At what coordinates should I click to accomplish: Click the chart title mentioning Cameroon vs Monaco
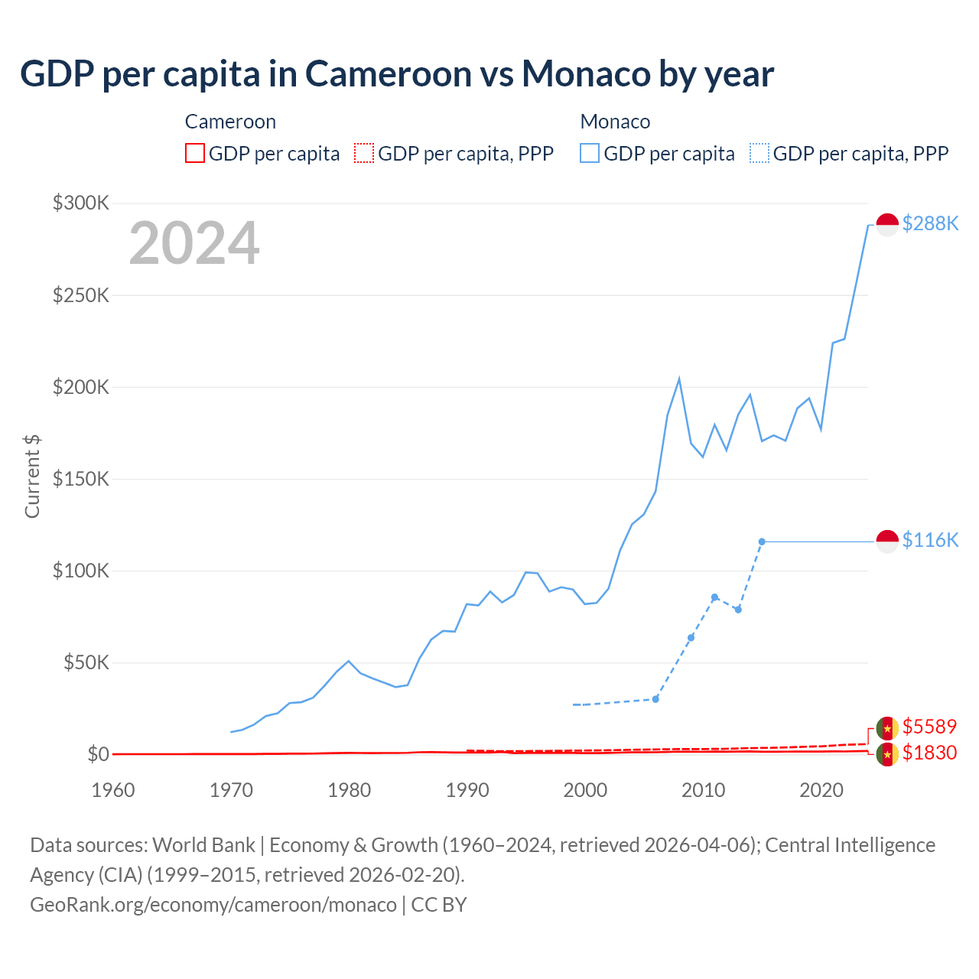[x=397, y=74]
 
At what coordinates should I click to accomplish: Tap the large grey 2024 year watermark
[x=194, y=243]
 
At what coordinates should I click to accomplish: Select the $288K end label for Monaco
[x=930, y=223]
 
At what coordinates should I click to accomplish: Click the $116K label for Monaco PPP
[x=930, y=540]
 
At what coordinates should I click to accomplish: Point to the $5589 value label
[x=929, y=726]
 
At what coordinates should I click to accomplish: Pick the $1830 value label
[x=929, y=753]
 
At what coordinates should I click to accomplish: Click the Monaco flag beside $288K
[x=887, y=224]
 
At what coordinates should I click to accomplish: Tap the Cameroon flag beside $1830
[x=887, y=755]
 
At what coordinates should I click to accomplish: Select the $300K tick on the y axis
[x=81, y=203]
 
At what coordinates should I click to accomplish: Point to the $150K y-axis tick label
[x=81, y=479]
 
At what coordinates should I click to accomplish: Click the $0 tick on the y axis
[x=98, y=754]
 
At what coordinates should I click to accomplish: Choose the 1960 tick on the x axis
[x=113, y=790]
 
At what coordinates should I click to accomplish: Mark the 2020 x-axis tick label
[x=821, y=790]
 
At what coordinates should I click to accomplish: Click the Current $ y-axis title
[x=32, y=476]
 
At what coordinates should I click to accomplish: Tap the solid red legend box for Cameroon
[x=195, y=153]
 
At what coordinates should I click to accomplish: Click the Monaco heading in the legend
[x=615, y=122]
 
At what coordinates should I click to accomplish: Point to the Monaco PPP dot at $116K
[x=762, y=542]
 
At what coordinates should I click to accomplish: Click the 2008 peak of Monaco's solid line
[x=679, y=379]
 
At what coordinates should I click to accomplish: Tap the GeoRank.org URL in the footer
[x=213, y=905]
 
